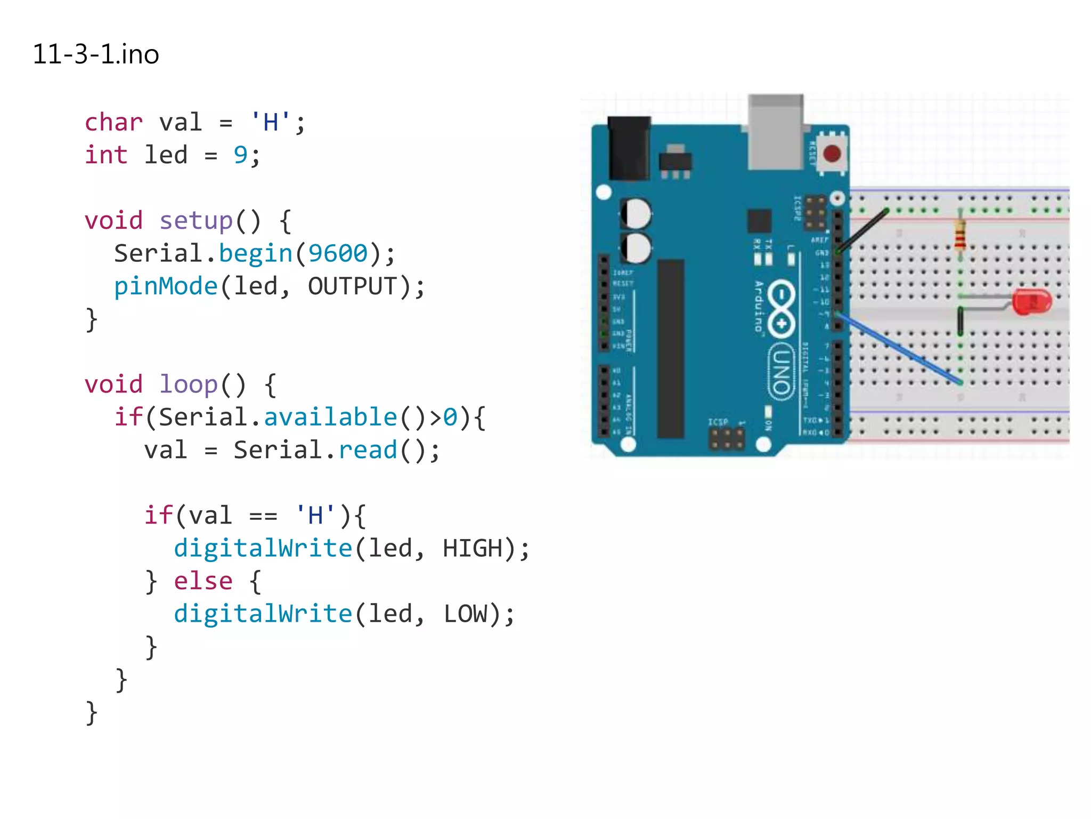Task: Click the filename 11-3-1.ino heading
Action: tap(96, 54)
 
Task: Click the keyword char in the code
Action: tap(113, 123)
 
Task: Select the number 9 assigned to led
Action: tap(240, 155)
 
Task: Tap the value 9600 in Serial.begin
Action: tap(338, 253)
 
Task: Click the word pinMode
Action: tap(166, 286)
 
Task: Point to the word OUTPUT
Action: tap(353, 286)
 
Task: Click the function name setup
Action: tap(196, 221)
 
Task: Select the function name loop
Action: tap(189, 384)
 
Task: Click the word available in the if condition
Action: tap(330, 417)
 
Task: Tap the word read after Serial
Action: tap(368, 450)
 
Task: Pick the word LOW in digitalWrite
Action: tap(465, 614)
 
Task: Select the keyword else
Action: tap(203, 581)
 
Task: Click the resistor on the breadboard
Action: tap(960, 235)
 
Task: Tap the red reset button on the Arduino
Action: tap(832, 154)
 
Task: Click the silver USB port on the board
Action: tap(775, 133)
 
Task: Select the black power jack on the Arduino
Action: tap(629, 148)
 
